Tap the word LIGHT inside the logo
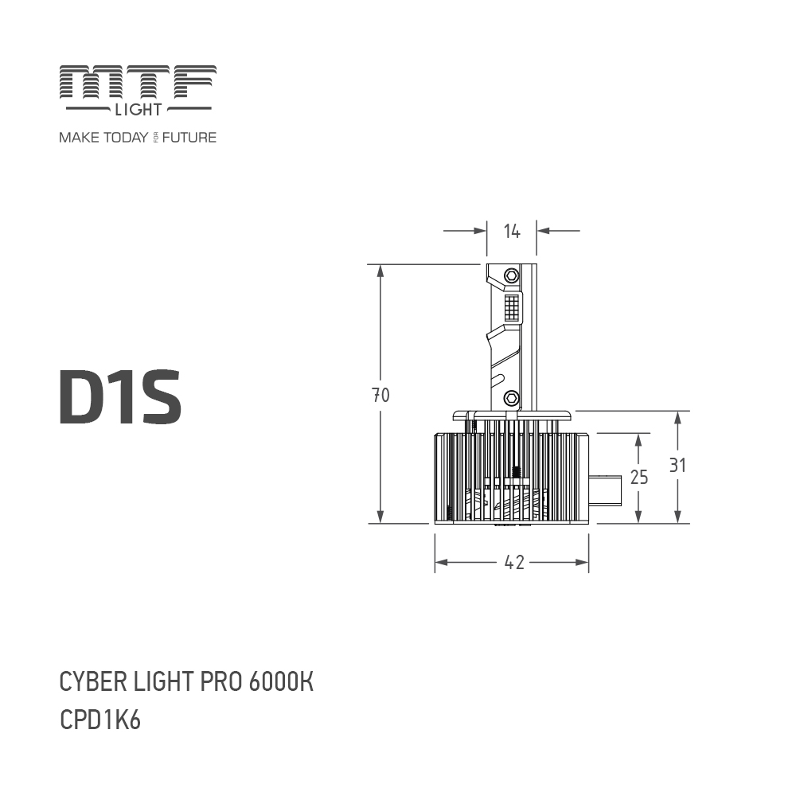(x=138, y=108)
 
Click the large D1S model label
(x=120, y=396)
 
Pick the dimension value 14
(x=512, y=231)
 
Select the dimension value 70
(x=380, y=395)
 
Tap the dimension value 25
(x=638, y=477)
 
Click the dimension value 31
(x=677, y=466)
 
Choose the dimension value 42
(x=514, y=562)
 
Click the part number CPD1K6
(x=100, y=720)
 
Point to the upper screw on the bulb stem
(x=512, y=275)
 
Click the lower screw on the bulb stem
(x=512, y=396)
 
